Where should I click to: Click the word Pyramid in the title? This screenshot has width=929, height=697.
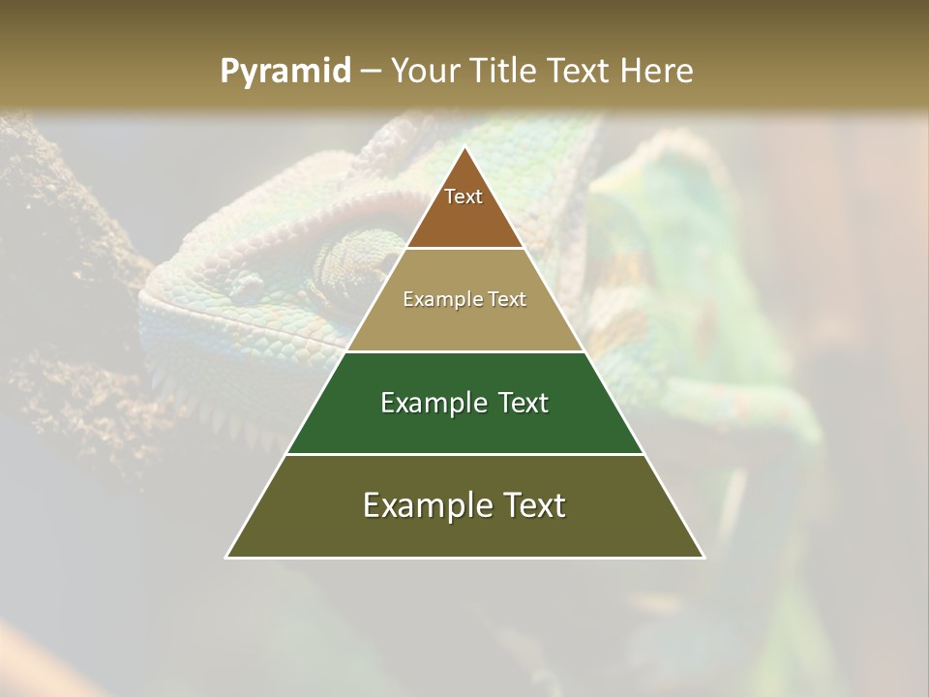(285, 72)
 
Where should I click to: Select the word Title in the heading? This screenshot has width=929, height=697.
(504, 72)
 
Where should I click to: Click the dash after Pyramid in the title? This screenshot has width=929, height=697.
(371, 72)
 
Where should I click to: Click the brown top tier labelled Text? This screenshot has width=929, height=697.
(464, 208)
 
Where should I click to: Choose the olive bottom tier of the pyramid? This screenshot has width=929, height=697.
(464, 523)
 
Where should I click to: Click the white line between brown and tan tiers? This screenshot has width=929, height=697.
(464, 249)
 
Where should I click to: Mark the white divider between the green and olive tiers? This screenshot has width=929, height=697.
(464, 454)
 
